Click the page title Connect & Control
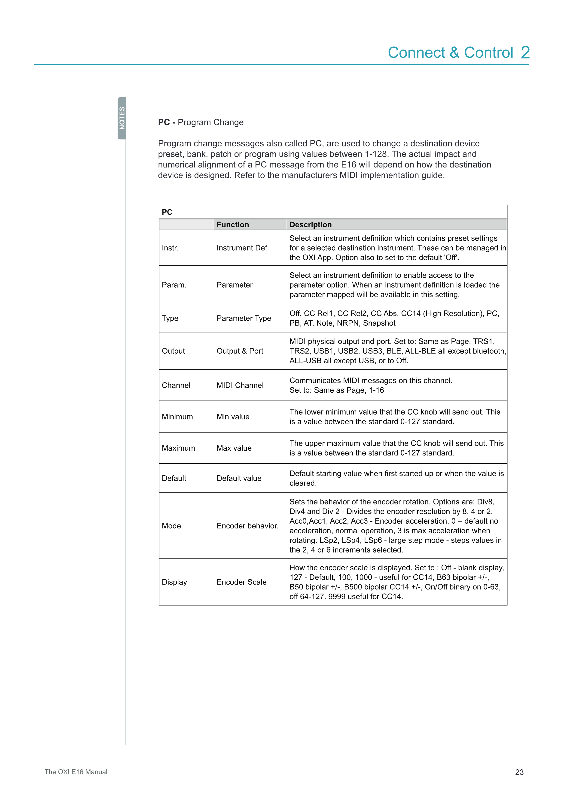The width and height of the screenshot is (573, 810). [x=450, y=53]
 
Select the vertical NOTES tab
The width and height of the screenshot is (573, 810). [x=122, y=118]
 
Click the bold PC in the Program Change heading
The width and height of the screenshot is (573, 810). [x=164, y=122]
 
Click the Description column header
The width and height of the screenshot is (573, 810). [x=311, y=225]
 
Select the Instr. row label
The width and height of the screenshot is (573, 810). [x=170, y=248]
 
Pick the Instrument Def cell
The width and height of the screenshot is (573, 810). [x=242, y=248]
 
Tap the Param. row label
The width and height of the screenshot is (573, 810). [x=174, y=285]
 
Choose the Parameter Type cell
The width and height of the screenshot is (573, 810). [x=244, y=318]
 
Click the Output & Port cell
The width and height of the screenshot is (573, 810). [x=240, y=351]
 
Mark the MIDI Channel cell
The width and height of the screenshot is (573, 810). [x=240, y=385]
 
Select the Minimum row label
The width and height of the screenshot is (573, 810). [x=177, y=417]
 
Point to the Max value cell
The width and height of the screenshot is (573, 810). [x=234, y=448]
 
